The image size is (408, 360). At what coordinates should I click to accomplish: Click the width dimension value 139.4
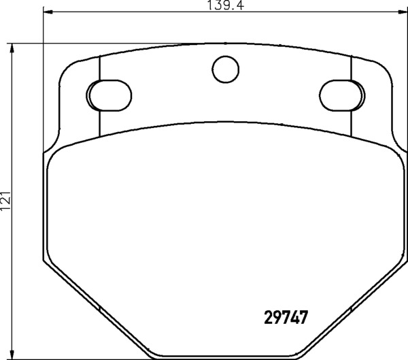point(225,5)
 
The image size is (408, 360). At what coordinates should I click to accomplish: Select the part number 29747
point(286,317)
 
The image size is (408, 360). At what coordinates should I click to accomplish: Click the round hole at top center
point(225,69)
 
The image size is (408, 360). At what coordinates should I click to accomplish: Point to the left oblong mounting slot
point(109,95)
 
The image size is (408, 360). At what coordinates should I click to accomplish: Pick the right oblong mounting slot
point(342,95)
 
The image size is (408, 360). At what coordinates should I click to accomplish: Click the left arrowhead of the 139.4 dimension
point(48,12)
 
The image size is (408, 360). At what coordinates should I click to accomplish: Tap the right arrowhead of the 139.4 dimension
point(403,12)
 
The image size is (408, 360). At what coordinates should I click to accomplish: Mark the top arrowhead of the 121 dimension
point(11,48)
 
